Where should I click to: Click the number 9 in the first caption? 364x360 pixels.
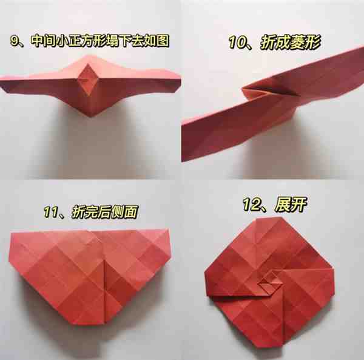click(15, 41)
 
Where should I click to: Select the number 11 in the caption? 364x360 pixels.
click(50, 212)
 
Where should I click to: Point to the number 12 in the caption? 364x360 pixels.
click(252, 205)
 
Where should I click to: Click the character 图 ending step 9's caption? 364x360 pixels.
click(163, 41)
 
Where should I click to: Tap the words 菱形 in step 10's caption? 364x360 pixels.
click(306, 42)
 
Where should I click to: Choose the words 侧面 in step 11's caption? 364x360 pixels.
click(124, 212)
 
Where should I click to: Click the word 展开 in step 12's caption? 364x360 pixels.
click(291, 205)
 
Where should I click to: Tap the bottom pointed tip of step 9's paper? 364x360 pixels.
click(90, 115)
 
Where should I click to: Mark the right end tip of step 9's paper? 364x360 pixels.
click(180, 80)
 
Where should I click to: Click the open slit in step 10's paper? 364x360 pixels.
click(269, 90)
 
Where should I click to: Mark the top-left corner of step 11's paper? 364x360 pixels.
click(11, 233)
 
